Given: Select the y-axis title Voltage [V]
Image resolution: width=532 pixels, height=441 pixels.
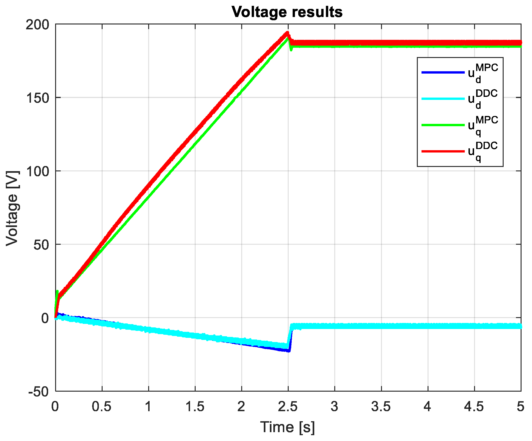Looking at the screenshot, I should [12, 208].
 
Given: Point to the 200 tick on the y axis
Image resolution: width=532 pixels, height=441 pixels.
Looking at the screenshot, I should [37, 25].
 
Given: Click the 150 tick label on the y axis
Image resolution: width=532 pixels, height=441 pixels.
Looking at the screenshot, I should [37, 98].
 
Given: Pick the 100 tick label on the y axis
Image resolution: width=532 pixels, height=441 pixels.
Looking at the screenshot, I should [37, 171].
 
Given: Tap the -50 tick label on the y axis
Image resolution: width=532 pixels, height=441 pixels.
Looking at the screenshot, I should [39, 392].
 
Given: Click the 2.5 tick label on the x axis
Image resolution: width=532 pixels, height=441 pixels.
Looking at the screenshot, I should [288, 407].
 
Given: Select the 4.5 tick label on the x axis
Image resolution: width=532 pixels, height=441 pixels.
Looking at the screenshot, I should [474, 407].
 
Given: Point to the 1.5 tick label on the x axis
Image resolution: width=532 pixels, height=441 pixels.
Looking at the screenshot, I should [195, 407].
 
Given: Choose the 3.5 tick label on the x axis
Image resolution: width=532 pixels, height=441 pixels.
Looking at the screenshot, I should [381, 407].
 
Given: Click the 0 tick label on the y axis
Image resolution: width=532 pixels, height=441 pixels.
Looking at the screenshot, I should [45, 318].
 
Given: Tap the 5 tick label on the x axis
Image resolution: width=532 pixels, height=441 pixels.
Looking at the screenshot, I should [520, 407].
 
